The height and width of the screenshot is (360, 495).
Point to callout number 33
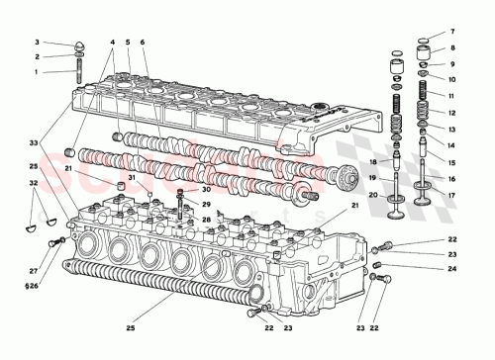click(x=34, y=144)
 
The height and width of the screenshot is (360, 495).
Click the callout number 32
click(x=34, y=184)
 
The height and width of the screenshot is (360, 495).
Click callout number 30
click(x=206, y=189)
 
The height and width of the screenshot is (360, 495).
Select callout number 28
click(x=206, y=219)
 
